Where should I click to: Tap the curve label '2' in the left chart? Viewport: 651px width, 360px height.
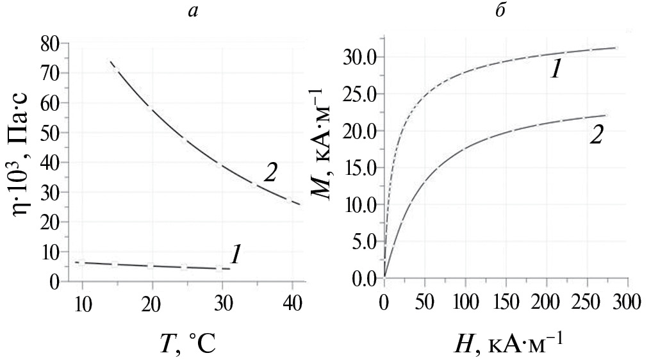click(x=269, y=173)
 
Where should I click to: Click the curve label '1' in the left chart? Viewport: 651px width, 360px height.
click(x=235, y=256)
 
